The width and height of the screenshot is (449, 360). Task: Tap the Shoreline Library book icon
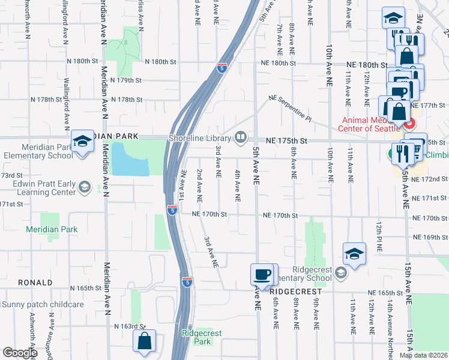click(241, 138)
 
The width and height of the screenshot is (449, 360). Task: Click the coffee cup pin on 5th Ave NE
click(261, 275)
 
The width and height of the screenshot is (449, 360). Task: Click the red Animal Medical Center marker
click(409, 125)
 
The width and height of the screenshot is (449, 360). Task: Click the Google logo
click(20, 353)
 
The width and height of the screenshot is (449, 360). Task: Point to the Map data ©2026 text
click(423, 355)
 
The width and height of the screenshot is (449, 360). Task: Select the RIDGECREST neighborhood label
click(293, 292)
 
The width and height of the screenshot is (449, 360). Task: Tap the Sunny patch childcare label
click(43, 304)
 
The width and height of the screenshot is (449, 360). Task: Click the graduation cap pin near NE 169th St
click(354, 254)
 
